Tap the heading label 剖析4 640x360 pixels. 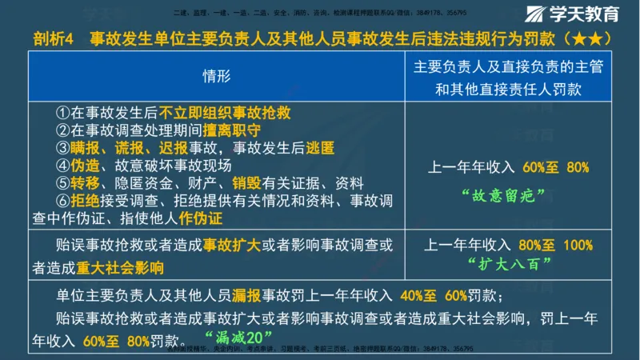[54, 38]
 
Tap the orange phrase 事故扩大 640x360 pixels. [232, 243]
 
